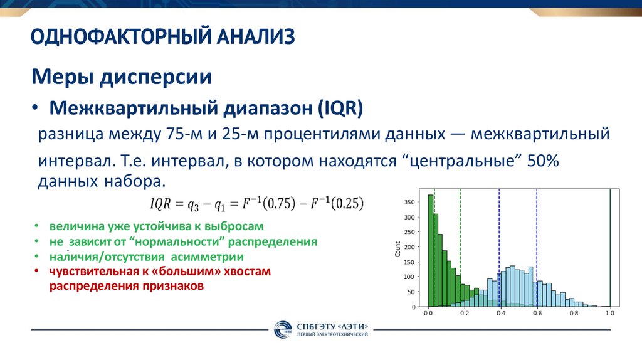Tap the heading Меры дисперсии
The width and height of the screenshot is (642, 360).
[122, 78]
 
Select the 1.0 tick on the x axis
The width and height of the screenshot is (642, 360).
[609, 312]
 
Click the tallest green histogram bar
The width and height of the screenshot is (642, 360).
[431, 251]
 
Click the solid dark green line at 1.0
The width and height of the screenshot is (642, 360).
[609, 251]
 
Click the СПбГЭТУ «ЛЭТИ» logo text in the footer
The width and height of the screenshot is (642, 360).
[340, 326]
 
